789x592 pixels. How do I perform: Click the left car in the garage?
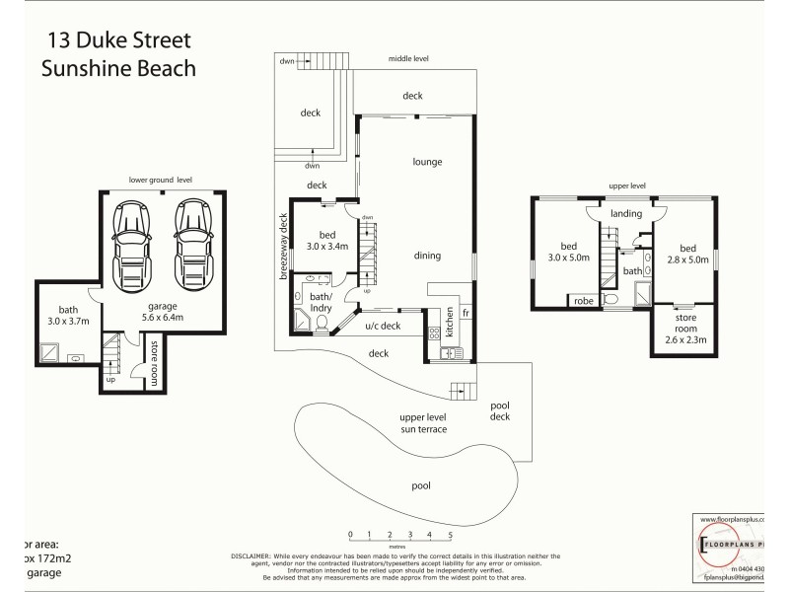tap(131, 244)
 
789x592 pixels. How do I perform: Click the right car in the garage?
tap(191, 244)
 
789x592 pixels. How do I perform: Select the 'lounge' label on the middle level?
tap(427, 162)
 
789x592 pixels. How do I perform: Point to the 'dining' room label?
tap(427, 256)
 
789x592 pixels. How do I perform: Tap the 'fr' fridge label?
tap(466, 312)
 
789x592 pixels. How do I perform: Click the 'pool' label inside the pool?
tap(421, 485)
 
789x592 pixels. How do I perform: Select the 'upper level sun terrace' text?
tap(424, 423)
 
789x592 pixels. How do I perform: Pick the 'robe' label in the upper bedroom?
tap(583, 300)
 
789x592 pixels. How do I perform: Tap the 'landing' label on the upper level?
tap(626, 213)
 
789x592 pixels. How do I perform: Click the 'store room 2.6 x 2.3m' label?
tap(685, 330)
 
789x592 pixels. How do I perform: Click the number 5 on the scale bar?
tap(450, 536)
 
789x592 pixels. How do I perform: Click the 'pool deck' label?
tap(501, 411)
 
